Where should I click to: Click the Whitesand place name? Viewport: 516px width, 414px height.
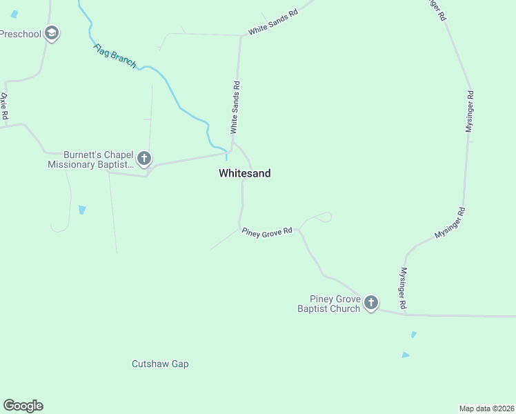[244, 174]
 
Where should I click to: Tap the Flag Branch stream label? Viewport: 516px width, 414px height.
[115, 56]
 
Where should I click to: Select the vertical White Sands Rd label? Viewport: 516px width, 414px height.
[235, 108]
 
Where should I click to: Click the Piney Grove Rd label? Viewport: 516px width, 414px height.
[267, 231]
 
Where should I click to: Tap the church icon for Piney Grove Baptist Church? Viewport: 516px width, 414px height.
[371, 302]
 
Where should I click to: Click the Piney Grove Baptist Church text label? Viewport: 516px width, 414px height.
[329, 304]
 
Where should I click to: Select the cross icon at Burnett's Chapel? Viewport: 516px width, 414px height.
[144, 159]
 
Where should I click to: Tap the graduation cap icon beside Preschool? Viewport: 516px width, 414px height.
[51, 32]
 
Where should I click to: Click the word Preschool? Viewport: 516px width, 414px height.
[20, 33]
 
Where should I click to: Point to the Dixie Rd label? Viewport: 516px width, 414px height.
[3, 106]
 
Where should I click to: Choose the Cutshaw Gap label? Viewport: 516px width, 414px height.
[160, 364]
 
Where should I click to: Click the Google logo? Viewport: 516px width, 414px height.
[23, 406]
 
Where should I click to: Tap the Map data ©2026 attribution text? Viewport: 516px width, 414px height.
[486, 408]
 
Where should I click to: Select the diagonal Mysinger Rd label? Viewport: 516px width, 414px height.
[450, 223]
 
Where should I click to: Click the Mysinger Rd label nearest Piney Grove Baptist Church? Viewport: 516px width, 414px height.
[404, 288]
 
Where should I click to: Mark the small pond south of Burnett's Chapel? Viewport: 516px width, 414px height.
[83, 209]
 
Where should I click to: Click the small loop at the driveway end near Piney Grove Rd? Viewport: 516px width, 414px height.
[325, 217]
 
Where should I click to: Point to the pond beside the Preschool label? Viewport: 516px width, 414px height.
[14, 14]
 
